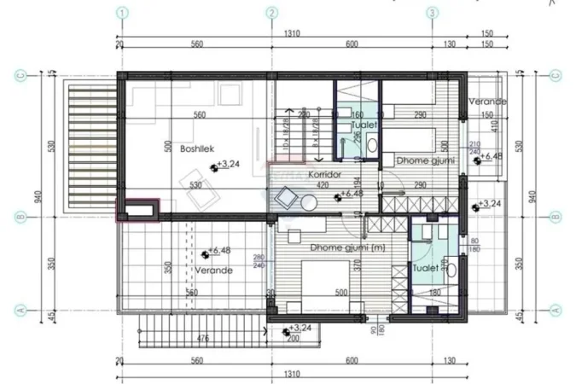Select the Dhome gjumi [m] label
pos(324,247)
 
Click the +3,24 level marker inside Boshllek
pos(228,163)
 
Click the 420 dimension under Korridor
pos(323,184)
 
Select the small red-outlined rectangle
pos(137,210)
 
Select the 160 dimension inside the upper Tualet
pos(357,114)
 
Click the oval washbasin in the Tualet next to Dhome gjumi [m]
pos(452,271)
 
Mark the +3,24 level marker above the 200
pos(300,329)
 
